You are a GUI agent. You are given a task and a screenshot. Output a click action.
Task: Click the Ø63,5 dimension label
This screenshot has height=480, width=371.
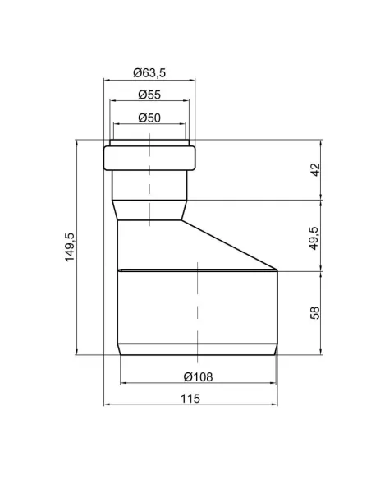pos(149,73)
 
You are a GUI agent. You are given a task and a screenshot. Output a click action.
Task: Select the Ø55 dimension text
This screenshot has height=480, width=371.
pos(149,95)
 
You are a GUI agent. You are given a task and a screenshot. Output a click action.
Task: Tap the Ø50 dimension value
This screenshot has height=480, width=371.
pos(149,118)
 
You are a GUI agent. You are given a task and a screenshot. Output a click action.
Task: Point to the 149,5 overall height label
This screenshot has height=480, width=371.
pos(70,247)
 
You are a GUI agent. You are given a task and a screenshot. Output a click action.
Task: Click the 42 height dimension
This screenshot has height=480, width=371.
pos(315,170)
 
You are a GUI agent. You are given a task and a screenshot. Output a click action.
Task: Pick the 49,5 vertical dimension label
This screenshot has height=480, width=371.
pos(314,238)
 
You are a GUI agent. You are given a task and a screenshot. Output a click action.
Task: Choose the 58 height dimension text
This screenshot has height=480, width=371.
pos(314,313)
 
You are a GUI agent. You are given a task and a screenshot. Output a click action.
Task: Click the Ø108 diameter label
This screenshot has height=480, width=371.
pos(198,377)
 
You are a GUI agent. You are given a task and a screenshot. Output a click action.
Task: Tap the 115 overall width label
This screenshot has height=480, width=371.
pos(190,399)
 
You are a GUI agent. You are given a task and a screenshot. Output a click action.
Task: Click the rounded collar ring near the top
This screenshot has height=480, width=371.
pos(149,158)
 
